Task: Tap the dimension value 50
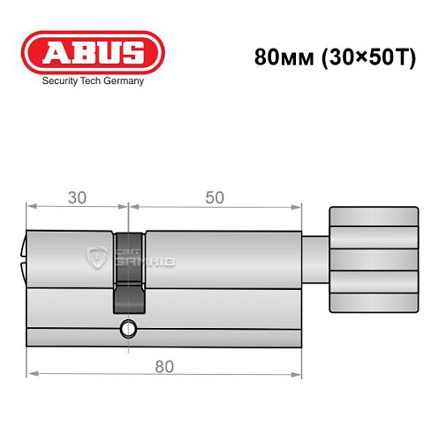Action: (x=214, y=198)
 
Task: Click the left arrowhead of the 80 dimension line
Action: (x=32, y=375)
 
